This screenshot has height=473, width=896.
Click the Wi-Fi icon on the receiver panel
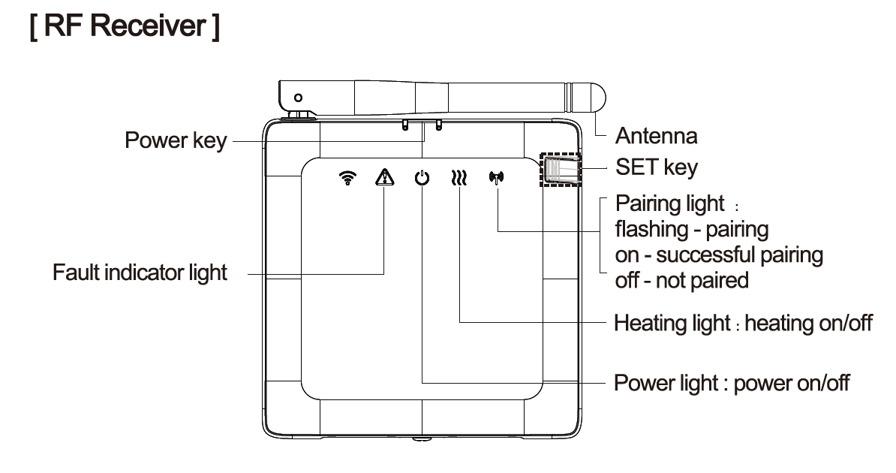[347, 178]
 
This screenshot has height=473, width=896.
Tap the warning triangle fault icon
[384, 178]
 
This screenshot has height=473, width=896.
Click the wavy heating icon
[459, 179]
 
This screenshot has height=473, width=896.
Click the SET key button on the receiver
[560, 171]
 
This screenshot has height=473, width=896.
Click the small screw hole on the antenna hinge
[299, 98]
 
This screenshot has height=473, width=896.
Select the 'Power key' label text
[175, 141]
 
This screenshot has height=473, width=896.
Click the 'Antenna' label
[656, 136]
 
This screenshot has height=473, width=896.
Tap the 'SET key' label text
[656, 167]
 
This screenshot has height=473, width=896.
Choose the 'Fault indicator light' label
[140, 273]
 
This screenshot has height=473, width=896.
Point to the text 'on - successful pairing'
[718, 255]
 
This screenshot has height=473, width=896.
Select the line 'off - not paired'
[681, 280]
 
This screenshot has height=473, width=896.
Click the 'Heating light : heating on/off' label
[743, 324]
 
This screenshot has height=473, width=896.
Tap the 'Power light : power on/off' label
[732, 382]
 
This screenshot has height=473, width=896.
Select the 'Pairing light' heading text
[669, 203]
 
